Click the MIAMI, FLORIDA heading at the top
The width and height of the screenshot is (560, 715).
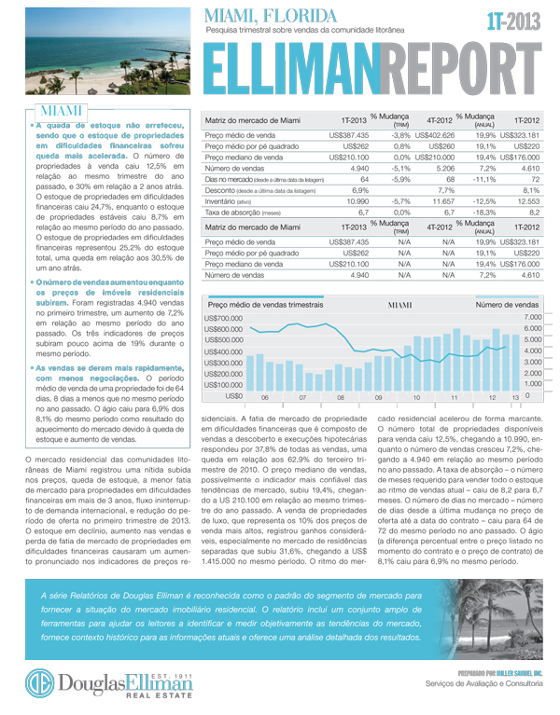point(271,16)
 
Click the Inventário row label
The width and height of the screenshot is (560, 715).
point(227,200)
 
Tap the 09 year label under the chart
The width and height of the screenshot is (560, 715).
point(379,398)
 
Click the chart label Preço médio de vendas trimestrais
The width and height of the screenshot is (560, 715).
point(266,305)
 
